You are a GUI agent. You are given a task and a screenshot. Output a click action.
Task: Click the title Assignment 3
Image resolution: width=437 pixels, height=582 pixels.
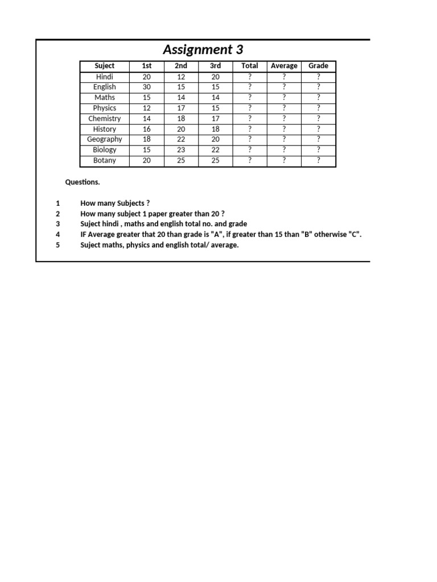coord(203,49)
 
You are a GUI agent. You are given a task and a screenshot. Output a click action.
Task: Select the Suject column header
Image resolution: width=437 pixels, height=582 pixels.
coord(105,66)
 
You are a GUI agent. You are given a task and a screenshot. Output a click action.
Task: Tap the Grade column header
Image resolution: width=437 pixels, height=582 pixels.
coord(318,66)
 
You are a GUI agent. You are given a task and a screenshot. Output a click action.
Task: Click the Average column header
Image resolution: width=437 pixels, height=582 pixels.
coord(284,66)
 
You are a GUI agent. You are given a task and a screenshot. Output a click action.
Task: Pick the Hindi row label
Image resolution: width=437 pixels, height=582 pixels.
coord(105,77)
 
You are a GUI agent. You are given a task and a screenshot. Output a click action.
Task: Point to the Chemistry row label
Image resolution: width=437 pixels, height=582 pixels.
coord(105,119)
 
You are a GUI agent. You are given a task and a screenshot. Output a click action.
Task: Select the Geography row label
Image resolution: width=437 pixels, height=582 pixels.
coord(105,139)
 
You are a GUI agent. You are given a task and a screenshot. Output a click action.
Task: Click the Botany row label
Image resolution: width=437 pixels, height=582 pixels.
coord(105,160)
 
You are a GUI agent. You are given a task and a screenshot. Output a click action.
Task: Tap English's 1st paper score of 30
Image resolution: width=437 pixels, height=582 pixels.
coord(147,87)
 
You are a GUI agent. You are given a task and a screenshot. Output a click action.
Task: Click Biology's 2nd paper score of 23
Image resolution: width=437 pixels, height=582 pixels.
coord(181,150)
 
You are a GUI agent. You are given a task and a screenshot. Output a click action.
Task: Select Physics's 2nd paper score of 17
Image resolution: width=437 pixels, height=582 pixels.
coord(181,108)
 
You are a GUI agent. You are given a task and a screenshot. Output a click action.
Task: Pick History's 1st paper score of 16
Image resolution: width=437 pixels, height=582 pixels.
coord(147,129)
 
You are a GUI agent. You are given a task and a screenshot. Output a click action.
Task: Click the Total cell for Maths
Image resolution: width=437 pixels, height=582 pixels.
coord(249,98)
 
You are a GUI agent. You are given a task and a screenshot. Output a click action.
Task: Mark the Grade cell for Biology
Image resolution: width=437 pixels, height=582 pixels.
coord(318,150)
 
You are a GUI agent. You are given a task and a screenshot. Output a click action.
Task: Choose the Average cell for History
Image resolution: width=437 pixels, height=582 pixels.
coord(284,129)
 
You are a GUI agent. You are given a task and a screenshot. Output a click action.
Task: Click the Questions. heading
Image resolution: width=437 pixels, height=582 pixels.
coord(83,182)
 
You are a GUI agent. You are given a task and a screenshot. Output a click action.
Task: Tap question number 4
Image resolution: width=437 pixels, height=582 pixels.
coord(57,235)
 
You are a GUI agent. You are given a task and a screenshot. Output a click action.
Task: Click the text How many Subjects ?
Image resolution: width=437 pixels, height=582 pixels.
coord(116,203)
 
